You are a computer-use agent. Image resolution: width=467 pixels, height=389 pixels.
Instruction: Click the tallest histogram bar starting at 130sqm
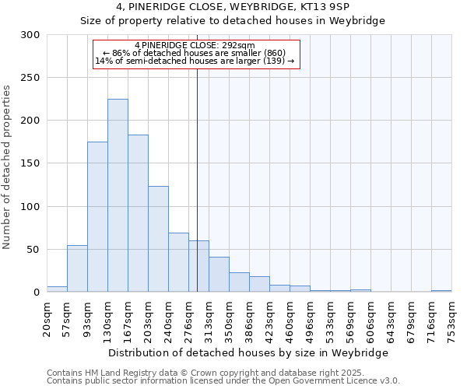coord(118,195)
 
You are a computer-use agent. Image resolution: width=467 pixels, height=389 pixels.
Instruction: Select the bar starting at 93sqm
coord(97,217)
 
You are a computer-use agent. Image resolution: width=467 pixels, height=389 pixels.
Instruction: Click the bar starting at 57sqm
coord(77,268)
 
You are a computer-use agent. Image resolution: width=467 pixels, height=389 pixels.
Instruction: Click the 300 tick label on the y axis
coord(30,35)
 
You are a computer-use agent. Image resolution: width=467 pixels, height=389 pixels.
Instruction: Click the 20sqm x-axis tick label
coord(47,318)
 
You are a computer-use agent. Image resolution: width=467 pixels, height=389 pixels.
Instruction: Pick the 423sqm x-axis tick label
coord(269,318)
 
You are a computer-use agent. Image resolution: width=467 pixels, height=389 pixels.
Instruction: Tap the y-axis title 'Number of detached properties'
coord(8,167)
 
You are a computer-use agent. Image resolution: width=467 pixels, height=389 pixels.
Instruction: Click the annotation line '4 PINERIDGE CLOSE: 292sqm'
coord(195,45)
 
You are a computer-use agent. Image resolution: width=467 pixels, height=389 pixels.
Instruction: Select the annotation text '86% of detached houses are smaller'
coord(195,53)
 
